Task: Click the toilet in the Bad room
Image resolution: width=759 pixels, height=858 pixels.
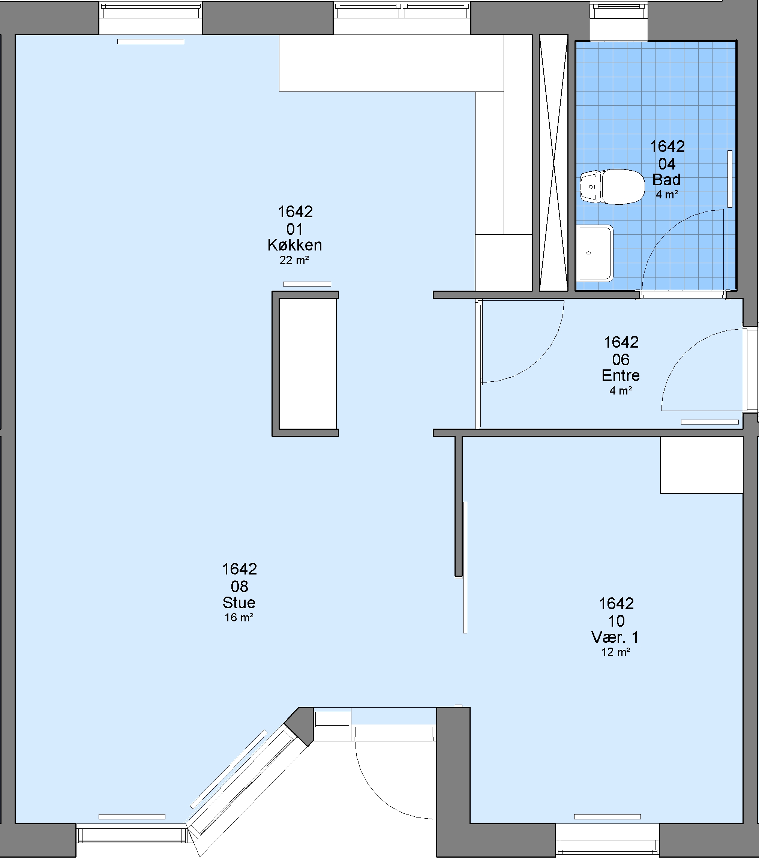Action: click(x=612, y=187)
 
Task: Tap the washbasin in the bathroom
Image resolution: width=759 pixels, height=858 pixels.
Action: click(x=595, y=253)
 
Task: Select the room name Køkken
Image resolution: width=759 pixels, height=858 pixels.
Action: click(x=295, y=245)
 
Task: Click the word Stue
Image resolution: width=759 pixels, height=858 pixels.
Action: click(x=239, y=602)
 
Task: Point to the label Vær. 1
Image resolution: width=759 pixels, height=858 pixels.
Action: click(x=615, y=637)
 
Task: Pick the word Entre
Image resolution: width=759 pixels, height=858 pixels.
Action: click(x=621, y=375)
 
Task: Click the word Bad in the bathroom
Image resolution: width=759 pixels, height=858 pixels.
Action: click(x=666, y=180)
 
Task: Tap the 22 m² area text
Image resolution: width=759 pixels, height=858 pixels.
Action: click(x=294, y=260)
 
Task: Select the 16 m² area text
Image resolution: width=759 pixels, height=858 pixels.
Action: click(x=239, y=618)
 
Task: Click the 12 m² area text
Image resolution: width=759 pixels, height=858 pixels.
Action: click(x=616, y=652)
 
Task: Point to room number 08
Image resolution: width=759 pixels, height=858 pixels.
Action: click(x=239, y=586)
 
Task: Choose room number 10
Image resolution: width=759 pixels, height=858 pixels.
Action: click(x=616, y=621)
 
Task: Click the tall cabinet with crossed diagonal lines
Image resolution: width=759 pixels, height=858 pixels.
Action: click(x=553, y=163)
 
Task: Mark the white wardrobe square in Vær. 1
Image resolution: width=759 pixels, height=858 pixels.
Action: click(x=702, y=465)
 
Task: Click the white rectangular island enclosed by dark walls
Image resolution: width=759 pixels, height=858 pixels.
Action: click(x=308, y=364)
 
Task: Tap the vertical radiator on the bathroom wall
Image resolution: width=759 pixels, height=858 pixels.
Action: click(x=730, y=179)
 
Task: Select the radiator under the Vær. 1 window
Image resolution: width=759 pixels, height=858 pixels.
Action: click(x=607, y=817)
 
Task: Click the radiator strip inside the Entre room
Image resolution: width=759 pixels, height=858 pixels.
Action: click(x=709, y=422)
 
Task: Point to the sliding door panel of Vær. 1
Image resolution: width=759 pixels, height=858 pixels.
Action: click(x=465, y=567)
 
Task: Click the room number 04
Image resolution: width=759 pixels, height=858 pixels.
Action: click(x=667, y=164)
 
